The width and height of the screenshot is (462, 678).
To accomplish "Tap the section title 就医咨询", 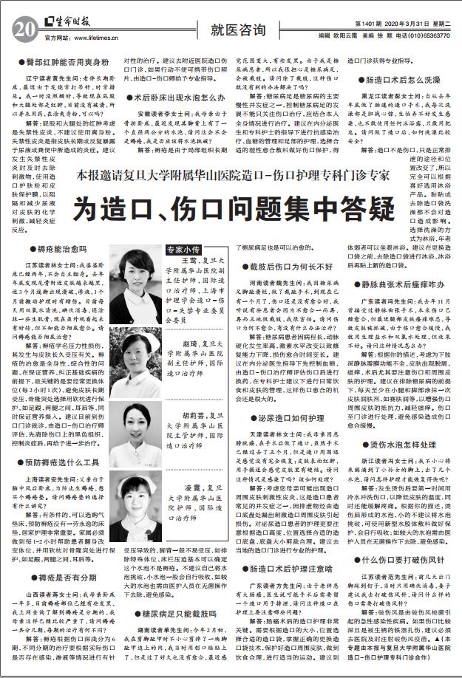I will [237, 30].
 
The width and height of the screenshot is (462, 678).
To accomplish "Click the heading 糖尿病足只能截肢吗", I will [176, 613].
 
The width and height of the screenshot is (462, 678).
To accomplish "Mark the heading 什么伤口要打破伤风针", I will [401, 560].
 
